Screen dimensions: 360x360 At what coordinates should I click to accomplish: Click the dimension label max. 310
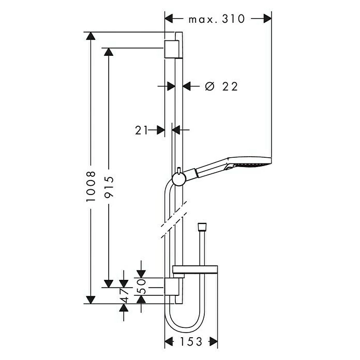(216, 19)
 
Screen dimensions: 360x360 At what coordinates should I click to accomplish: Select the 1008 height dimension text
(91, 186)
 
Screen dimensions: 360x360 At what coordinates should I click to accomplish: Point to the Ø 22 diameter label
(221, 86)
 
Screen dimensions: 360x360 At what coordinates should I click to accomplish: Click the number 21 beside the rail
(142, 130)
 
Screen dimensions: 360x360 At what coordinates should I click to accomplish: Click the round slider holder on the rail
(178, 179)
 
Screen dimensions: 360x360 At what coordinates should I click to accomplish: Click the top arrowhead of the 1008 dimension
(91, 36)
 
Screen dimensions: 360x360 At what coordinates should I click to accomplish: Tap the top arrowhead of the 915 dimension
(109, 52)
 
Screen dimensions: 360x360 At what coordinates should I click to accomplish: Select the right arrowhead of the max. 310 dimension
(267, 19)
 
